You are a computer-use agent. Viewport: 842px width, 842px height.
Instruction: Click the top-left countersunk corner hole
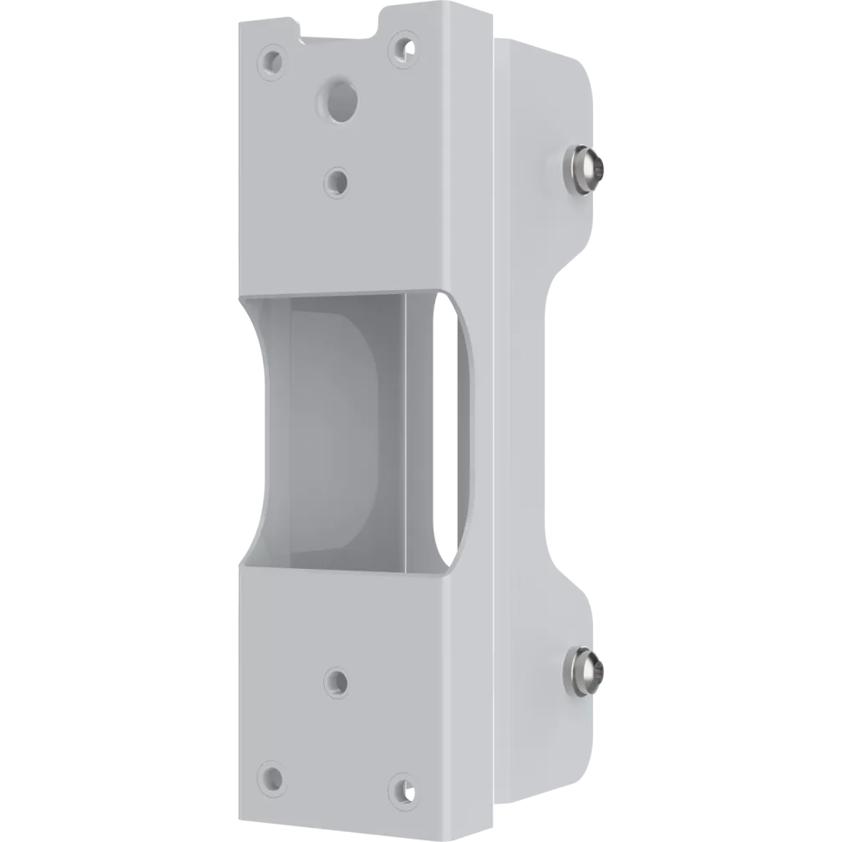(x=271, y=60)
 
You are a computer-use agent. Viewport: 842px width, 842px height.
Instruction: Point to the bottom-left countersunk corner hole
(x=271, y=776)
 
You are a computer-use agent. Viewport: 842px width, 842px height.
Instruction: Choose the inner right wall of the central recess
(x=418, y=430)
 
